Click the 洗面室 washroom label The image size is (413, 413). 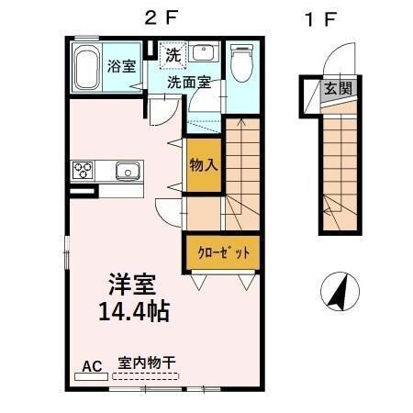pyautogui.click(x=189, y=81)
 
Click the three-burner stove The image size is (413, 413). pyautogui.click(x=83, y=170)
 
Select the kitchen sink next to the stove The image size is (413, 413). pyautogui.click(x=126, y=170)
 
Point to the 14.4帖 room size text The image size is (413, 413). pyautogui.click(x=134, y=310)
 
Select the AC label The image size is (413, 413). pyautogui.click(x=93, y=366)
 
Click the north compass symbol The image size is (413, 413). pyautogui.click(x=340, y=292)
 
